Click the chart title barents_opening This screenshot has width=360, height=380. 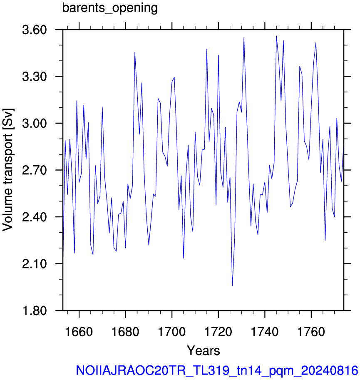(x=110, y=8)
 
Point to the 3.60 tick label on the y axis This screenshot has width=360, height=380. (x=34, y=30)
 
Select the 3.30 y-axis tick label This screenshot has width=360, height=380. (x=34, y=77)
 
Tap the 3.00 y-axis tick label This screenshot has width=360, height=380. (x=34, y=124)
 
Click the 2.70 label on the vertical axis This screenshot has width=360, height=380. (x=34, y=170)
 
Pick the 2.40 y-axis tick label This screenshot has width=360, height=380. (x=34, y=217)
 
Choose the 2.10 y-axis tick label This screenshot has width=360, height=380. (x=34, y=264)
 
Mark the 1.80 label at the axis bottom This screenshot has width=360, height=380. (x=34, y=310)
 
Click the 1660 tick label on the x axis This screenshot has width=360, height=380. (x=79, y=332)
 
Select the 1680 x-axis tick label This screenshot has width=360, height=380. (x=126, y=332)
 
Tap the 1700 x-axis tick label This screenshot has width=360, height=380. (x=172, y=332)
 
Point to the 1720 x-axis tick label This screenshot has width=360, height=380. (x=218, y=332)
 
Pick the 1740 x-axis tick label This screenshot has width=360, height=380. (x=265, y=332)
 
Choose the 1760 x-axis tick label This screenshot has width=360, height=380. (x=311, y=332)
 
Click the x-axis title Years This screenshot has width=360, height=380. (x=204, y=350)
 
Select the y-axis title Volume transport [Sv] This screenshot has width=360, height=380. (x=8, y=170)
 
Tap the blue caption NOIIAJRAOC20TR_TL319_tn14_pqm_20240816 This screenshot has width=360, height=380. (x=217, y=370)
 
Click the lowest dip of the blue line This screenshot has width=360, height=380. (x=232, y=286)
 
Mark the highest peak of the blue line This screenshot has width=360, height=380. (x=276, y=36)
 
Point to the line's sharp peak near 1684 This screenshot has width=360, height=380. (x=135, y=52)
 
